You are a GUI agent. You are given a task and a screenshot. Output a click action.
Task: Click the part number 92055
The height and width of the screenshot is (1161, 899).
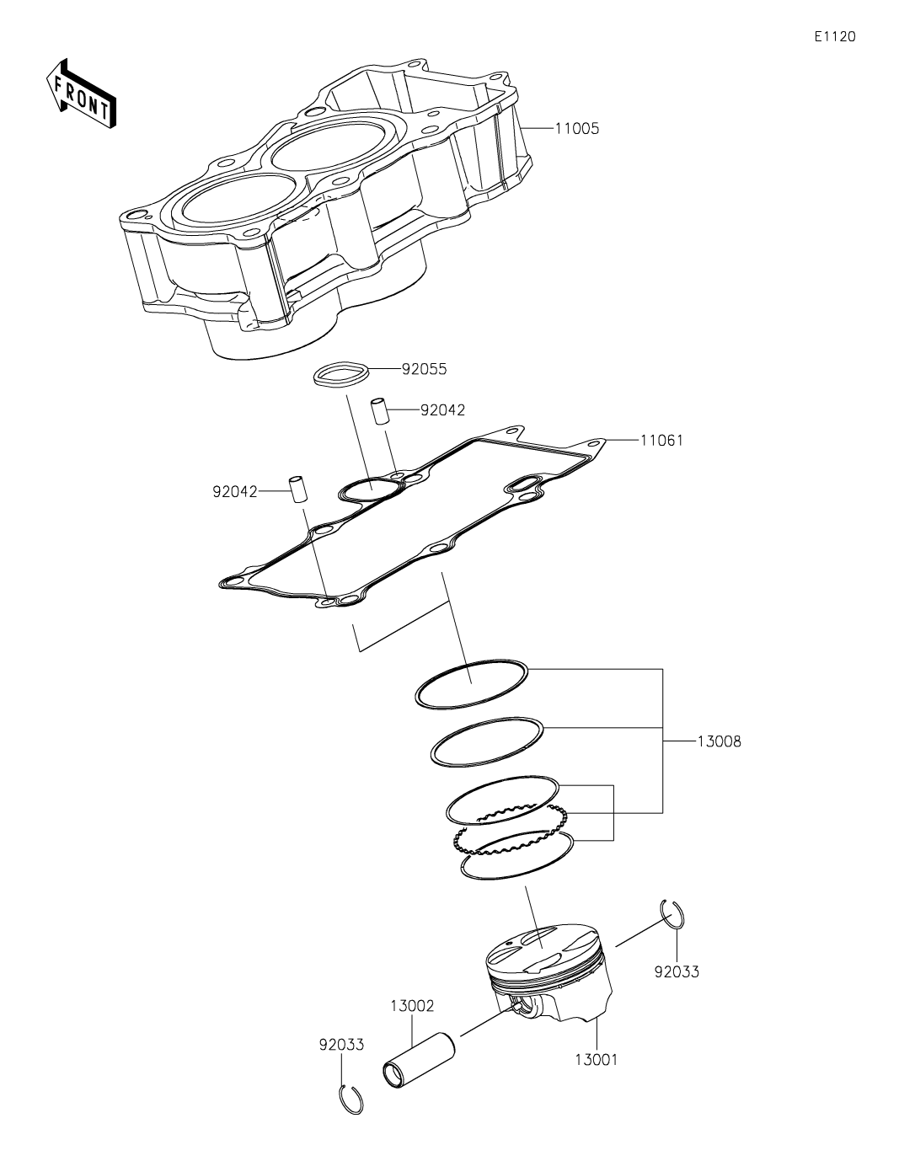tap(424, 369)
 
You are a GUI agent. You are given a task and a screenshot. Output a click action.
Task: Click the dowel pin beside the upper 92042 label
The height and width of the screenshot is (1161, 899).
tap(379, 411)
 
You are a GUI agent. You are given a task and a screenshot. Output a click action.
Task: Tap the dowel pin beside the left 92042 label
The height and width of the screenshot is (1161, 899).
tap(298, 490)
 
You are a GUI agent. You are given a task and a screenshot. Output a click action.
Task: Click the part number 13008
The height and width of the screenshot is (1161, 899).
tap(719, 742)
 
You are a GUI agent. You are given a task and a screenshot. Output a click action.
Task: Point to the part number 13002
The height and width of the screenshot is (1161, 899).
tap(411, 1005)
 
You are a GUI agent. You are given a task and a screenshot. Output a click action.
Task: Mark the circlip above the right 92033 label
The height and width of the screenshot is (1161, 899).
tap(672, 916)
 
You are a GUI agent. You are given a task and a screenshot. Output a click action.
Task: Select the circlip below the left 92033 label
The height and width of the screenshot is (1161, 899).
tap(351, 1100)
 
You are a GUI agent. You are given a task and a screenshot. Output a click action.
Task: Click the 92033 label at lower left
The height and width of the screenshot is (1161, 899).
tap(341, 1045)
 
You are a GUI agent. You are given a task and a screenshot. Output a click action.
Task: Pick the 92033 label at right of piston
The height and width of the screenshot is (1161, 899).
tap(677, 971)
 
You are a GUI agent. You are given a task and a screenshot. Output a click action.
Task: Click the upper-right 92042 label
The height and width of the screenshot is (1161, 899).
tap(442, 410)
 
